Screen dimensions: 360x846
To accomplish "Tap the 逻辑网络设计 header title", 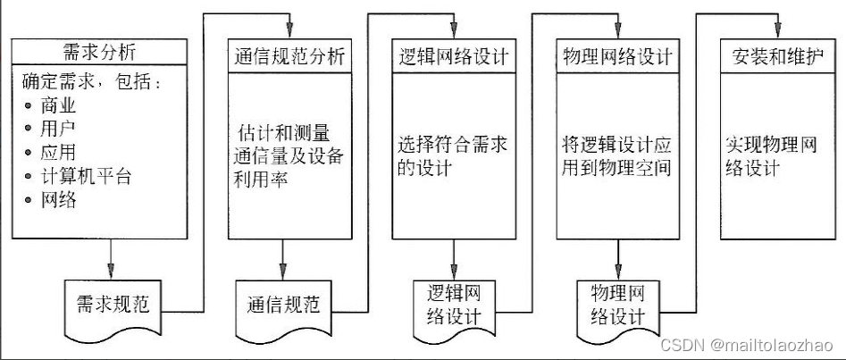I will pyautogui.click(x=450, y=57).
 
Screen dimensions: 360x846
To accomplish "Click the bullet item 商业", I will pyautogui.click(x=59, y=105).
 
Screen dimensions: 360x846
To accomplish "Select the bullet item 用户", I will pyautogui.click(x=59, y=129).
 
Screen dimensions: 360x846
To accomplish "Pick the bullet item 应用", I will pyautogui.click(x=59, y=152).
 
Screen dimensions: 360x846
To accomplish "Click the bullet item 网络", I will pyautogui.click(x=59, y=199).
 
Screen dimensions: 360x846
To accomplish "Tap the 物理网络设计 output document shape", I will pyautogui.click(x=616, y=304).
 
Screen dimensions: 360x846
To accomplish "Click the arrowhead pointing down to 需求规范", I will pyautogui.click(x=111, y=272).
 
